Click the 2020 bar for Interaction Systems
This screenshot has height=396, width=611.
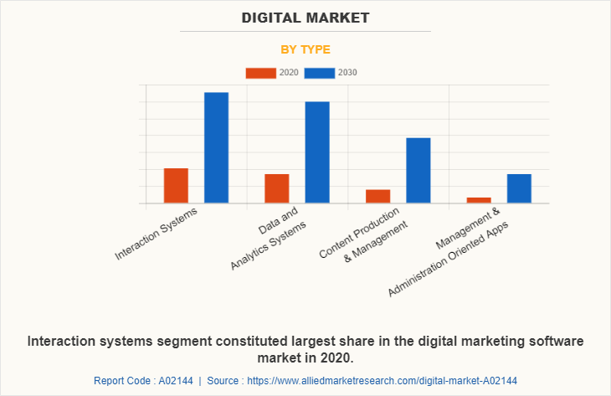coord(176,186)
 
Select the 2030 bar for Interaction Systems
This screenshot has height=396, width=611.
coord(217,147)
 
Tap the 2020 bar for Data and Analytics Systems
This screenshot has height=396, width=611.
coord(277,188)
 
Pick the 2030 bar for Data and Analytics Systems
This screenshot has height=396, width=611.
coord(317,152)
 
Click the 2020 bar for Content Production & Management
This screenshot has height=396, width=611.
coord(377,196)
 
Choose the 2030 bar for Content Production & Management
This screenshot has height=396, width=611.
coord(418,170)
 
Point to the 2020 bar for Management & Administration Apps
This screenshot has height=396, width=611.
coord(479,200)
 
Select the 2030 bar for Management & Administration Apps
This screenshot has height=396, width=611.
coord(519,188)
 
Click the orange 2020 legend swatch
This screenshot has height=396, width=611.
coord(260,73)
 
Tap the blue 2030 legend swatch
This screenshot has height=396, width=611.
coord(320,73)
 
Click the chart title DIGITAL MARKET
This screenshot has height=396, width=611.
coord(305,18)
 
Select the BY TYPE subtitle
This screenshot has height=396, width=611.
coord(305,49)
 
